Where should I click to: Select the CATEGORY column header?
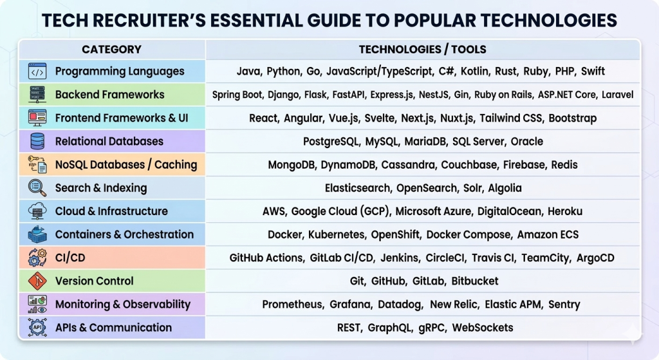point(111,50)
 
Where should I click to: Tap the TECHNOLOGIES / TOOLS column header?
point(422,50)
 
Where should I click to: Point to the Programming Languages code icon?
point(37,71)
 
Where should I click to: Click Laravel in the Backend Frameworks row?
point(617,95)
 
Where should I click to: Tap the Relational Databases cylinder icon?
point(37,141)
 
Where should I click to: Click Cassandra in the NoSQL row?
point(408,164)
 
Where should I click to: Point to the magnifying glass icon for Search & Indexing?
point(37,187)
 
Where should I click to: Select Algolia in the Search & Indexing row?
point(505,188)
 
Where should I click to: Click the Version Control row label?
point(94,281)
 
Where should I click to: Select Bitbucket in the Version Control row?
point(474,281)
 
